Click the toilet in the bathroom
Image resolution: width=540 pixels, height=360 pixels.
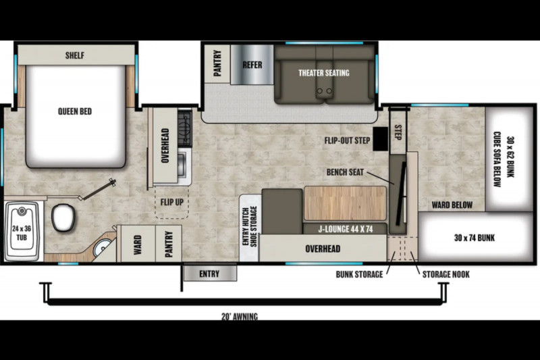pos(63,217)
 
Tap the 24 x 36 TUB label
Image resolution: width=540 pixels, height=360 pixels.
pos(22,233)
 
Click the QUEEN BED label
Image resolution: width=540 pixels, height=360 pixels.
pos(75,111)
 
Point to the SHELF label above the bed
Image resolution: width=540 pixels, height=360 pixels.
pos(75,55)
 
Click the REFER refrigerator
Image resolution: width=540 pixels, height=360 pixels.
pos(252,65)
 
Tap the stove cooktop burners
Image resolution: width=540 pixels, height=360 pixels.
pos(184,129)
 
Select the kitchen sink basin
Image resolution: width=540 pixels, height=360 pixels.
pos(182,164)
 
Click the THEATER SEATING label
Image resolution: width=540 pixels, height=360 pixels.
pos(324,73)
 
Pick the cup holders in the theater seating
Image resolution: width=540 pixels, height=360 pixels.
pos(325,91)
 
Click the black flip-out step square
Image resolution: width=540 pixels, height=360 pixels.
pos(381,139)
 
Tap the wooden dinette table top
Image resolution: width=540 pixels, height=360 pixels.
pos(345,203)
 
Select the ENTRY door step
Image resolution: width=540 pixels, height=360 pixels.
pos(209,273)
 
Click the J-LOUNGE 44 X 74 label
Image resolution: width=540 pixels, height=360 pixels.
pos(345,229)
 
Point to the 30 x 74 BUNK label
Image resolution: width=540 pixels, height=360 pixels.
pos(475,238)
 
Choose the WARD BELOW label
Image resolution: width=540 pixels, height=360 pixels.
pos(452,205)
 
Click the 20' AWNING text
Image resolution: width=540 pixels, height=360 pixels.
pos(240,316)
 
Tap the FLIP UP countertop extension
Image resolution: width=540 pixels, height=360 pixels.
pos(172,203)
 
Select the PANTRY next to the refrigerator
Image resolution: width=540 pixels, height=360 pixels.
pos(217,63)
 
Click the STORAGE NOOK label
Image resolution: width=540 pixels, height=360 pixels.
pos(446,274)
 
